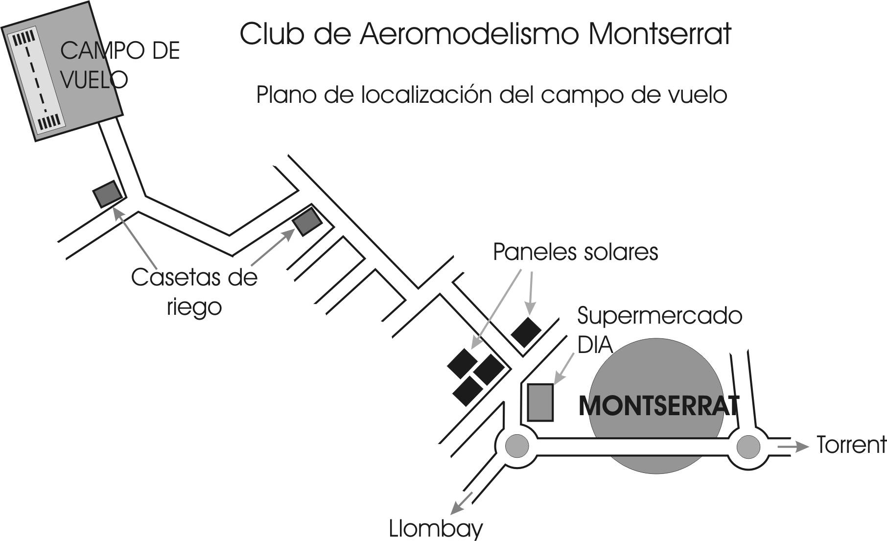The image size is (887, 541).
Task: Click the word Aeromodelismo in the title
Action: [x=470, y=34]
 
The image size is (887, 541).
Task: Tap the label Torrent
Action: [x=851, y=445]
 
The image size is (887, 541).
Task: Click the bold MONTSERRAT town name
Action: [x=658, y=406]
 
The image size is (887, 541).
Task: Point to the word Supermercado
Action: [x=659, y=316]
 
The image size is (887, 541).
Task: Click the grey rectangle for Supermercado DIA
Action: [x=540, y=402]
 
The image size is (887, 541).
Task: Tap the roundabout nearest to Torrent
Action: [x=748, y=446]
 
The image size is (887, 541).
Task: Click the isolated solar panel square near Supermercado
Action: [x=526, y=332]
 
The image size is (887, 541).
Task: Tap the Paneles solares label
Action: [x=575, y=252]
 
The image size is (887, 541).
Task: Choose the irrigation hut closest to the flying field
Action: [x=108, y=194]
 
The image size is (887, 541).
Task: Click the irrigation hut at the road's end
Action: [x=307, y=221]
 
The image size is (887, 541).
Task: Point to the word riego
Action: [x=194, y=307]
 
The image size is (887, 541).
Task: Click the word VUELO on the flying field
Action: [x=94, y=80]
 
